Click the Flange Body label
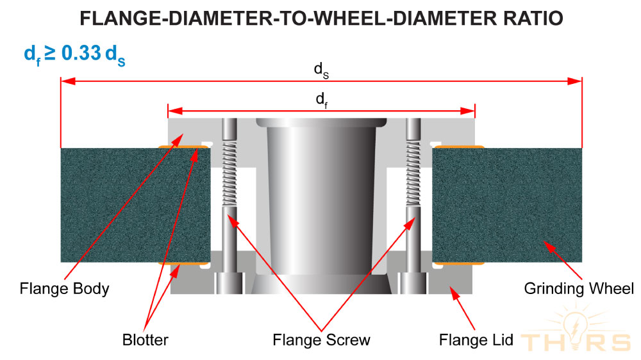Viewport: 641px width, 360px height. (x=64, y=288)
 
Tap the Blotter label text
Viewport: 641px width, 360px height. (x=144, y=339)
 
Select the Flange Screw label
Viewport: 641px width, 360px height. (x=321, y=339)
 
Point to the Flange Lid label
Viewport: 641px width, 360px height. (x=476, y=339)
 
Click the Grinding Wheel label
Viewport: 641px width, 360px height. (x=578, y=288)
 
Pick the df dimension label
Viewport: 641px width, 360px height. (x=321, y=99)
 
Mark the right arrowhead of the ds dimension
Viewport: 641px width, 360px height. (x=574, y=81)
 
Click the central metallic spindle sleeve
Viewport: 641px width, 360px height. (x=321, y=205)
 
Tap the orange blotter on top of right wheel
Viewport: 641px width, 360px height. (x=458, y=147)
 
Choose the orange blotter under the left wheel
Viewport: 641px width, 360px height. (x=184, y=263)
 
